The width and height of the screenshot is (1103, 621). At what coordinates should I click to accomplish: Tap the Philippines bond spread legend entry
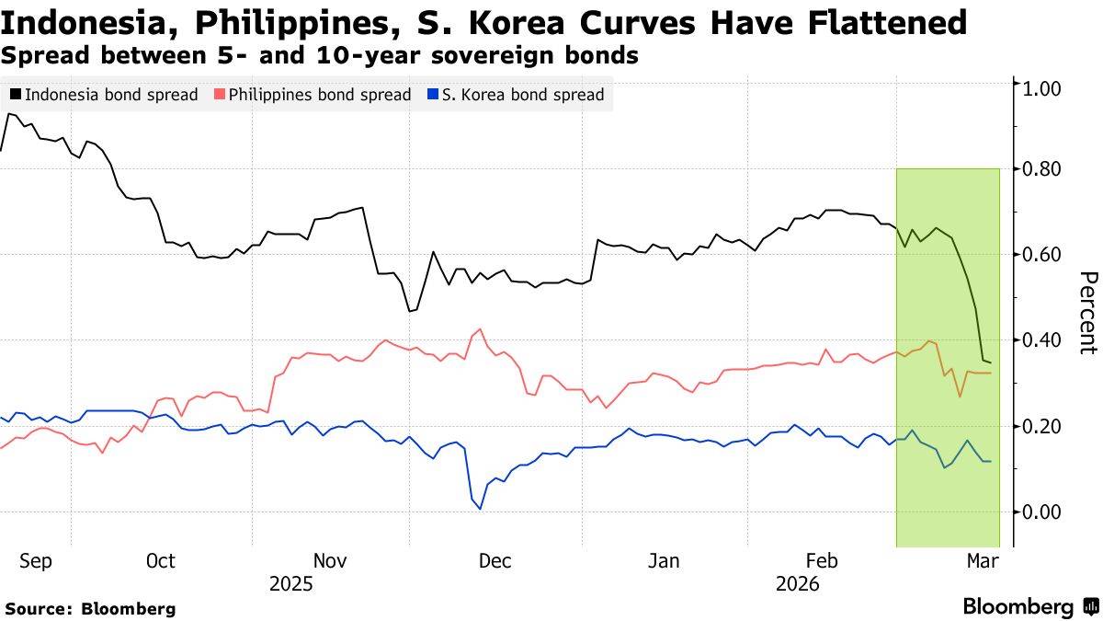(313, 94)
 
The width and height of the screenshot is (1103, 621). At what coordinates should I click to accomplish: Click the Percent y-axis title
(1087, 313)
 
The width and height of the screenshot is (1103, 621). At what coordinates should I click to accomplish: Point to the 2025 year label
(290, 584)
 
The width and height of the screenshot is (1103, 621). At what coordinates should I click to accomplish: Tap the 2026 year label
(797, 584)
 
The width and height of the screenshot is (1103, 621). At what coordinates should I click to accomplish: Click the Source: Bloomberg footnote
(90, 608)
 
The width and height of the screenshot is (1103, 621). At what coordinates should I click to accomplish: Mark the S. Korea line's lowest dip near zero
(480, 509)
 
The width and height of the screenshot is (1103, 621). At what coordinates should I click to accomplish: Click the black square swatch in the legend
(16, 94)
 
